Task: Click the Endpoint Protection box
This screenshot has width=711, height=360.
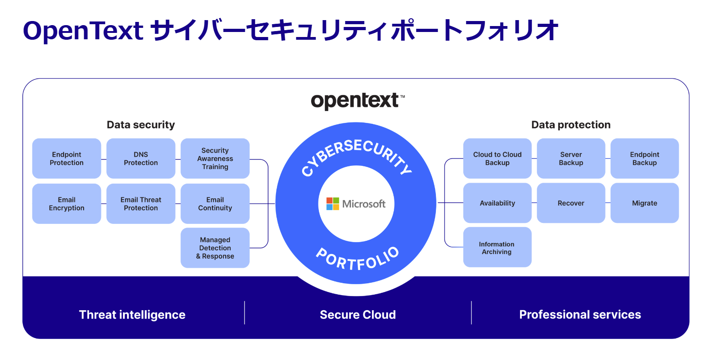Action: (x=67, y=159)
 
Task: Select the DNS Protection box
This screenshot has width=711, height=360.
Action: (x=141, y=159)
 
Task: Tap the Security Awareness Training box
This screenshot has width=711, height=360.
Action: (x=215, y=159)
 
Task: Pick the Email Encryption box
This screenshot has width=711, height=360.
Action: (x=67, y=204)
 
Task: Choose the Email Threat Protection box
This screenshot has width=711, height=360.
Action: (x=141, y=204)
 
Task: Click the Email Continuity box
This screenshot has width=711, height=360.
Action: (x=215, y=204)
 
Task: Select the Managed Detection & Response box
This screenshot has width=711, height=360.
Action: (x=215, y=248)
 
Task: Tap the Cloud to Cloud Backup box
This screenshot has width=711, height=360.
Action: (x=497, y=159)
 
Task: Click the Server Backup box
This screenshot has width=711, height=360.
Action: (x=571, y=159)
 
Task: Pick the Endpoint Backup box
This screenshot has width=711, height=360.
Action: (x=644, y=159)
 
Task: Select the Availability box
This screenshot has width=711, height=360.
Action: (x=497, y=203)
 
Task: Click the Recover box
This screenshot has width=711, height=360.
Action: (x=571, y=203)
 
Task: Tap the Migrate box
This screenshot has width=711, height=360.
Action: (x=644, y=203)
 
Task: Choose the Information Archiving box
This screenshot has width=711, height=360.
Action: (x=497, y=248)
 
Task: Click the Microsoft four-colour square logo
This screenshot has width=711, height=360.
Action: (x=333, y=204)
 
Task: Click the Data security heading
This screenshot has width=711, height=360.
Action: (x=141, y=125)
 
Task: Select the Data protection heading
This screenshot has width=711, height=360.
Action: (x=571, y=125)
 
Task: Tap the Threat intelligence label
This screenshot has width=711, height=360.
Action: (x=132, y=315)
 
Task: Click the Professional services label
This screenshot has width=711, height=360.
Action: (x=580, y=315)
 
